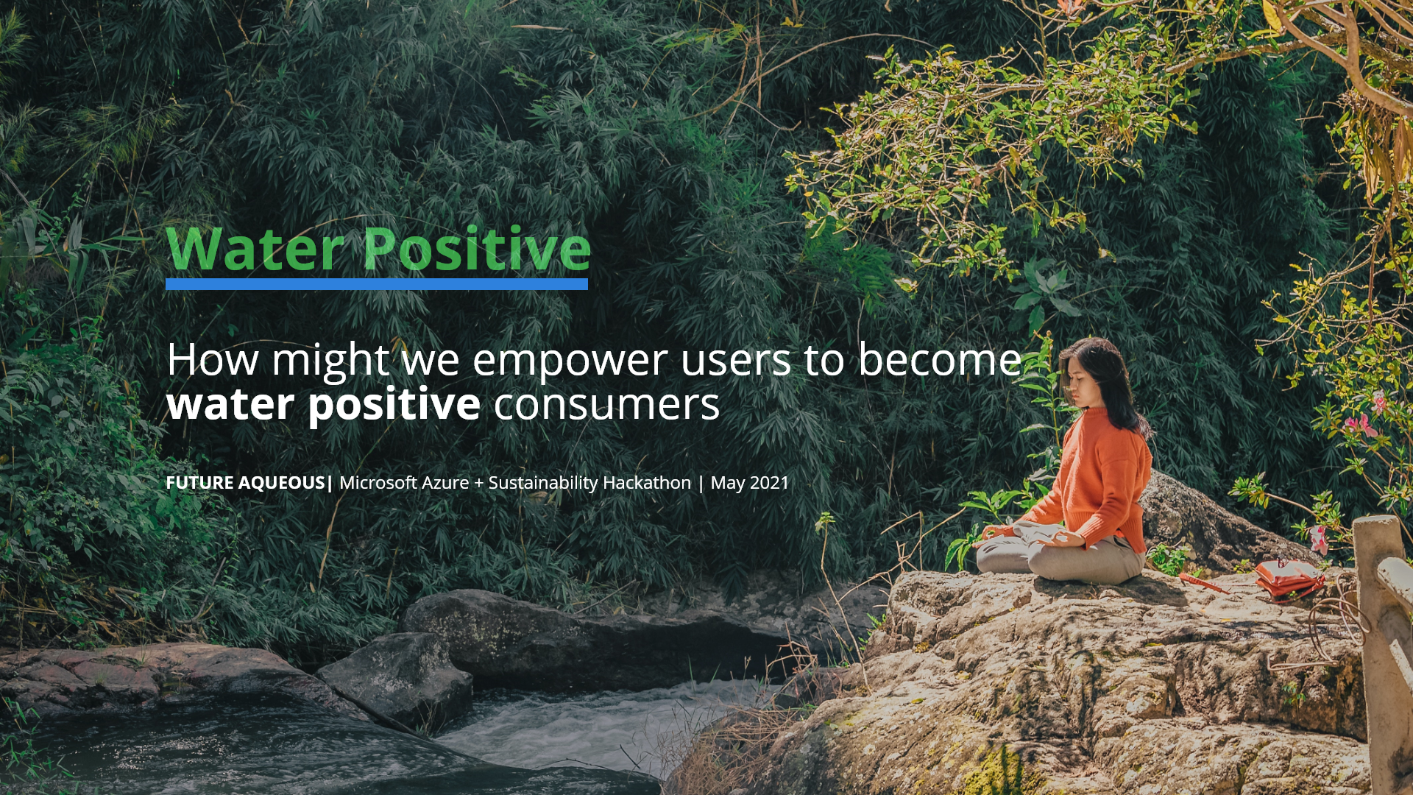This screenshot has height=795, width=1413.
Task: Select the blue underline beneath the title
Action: point(377,284)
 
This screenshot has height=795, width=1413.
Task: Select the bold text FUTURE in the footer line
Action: point(199,483)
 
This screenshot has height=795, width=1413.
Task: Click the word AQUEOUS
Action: point(282,483)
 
